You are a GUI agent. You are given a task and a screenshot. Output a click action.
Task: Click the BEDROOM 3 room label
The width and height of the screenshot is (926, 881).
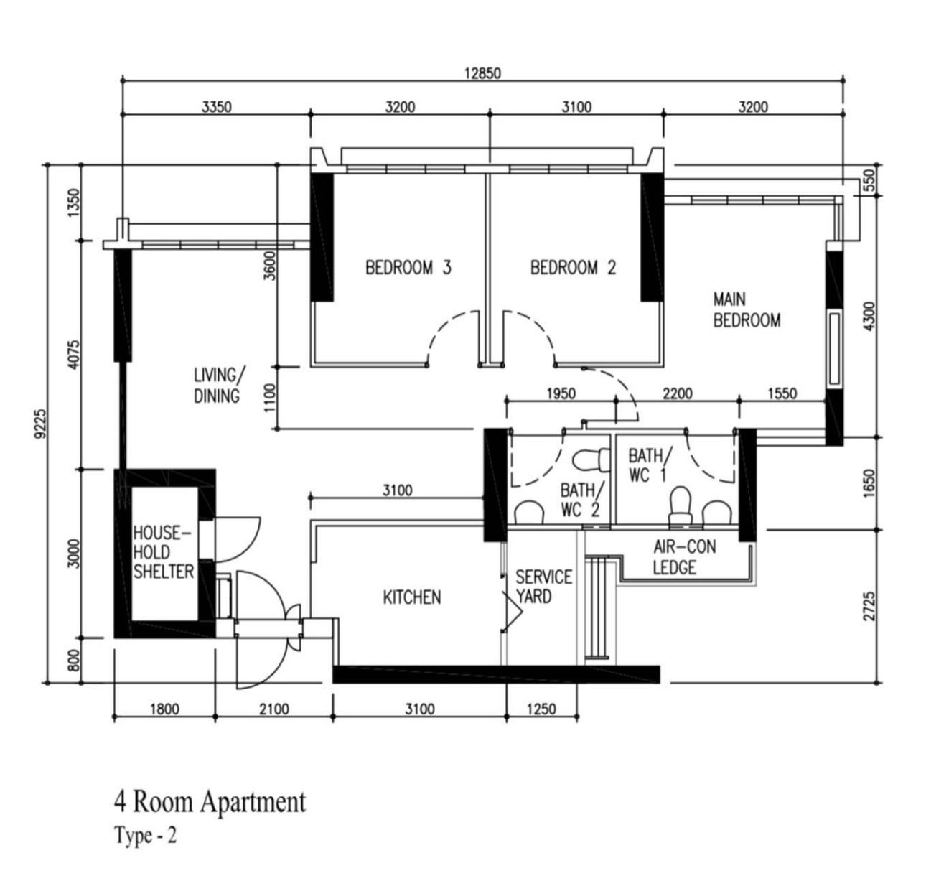coord(408,268)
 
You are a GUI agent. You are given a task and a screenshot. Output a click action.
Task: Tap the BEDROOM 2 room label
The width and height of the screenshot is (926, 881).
coord(573,268)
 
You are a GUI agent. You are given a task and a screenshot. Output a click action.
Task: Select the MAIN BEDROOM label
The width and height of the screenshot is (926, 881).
coord(746,309)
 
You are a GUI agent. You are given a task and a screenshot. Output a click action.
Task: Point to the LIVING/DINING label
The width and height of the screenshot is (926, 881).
coord(218,385)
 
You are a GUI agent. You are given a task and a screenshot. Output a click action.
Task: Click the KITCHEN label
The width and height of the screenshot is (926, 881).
coord(411,597)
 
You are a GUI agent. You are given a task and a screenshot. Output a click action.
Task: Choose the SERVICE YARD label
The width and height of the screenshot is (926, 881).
coord(544,587)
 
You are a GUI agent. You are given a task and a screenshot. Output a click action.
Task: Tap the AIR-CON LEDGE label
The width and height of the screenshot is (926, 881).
coord(684,557)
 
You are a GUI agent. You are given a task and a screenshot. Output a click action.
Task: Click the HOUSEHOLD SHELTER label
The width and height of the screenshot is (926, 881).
coord(163,552)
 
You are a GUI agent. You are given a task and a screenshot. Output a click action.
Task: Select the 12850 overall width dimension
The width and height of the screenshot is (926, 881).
coord(482,73)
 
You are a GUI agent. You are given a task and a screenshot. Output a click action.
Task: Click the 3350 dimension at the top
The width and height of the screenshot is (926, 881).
coord(216,107)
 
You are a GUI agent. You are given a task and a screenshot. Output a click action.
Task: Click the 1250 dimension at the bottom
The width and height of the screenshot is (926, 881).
coord(541,709)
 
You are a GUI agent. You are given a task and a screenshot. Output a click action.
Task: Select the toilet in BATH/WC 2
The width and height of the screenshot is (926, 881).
coord(585,458)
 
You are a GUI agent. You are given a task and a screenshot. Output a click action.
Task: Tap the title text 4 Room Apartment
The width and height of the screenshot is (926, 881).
coord(210,801)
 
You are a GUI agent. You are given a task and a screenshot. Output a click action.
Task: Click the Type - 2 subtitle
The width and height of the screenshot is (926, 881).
coord(145,836)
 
